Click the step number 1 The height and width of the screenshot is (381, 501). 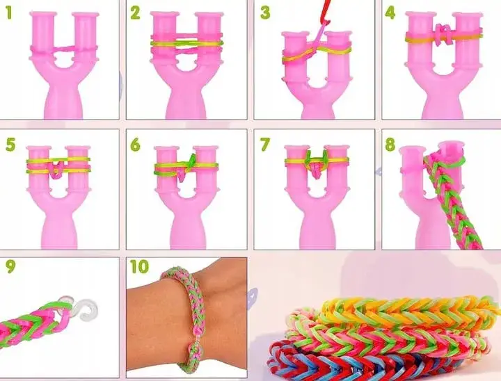[x=8, y=13]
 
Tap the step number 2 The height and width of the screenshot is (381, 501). [x=135, y=13]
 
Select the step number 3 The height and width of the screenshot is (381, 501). [x=265, y=13]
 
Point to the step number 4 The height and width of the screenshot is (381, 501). [x=390, y=13]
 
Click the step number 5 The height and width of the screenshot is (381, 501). [x=10, y=145]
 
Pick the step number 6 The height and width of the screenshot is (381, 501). [x=135, y=145]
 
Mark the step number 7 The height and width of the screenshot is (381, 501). [x=265, y=145]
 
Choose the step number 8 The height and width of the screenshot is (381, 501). [x=390, y=145]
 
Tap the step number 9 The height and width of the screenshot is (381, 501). [x=10, y=267]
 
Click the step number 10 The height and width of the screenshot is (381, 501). [x=139, y=267]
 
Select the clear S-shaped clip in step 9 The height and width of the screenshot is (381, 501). [x=83, y=307]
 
